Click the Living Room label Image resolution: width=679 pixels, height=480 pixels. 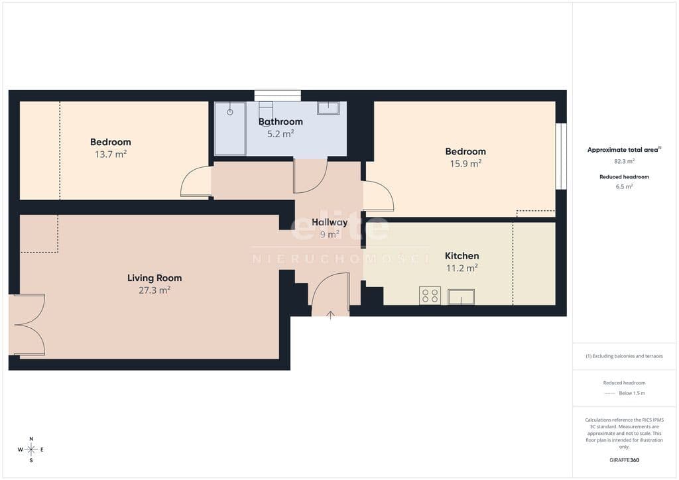coord(154,278)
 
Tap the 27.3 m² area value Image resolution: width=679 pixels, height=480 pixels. coord(154,290)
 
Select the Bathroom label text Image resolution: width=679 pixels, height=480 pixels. coord(280,121)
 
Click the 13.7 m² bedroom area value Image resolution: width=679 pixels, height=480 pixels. coord(111,154)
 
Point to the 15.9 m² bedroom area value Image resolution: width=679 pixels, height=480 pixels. coord(465,163)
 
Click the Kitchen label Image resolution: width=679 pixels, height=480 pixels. coord(462,256)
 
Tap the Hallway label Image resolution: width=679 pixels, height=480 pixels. coord(330,222)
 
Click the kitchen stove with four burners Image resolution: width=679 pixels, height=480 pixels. coord(430,296)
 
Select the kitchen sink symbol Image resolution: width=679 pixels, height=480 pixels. coord(462,297)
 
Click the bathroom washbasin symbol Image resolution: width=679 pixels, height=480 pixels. coord(328,108)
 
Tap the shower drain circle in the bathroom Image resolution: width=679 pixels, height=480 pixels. coord(230,112)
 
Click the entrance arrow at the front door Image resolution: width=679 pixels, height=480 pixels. coord(330,315)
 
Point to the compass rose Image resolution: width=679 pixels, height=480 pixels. coord(31,450)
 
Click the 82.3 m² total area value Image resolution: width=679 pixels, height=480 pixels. coord(624,161)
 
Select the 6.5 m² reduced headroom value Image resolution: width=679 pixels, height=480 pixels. coord(624,186)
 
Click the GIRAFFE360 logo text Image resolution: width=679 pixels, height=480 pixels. coord(624,460)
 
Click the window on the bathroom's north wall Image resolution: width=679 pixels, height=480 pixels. coord(278,95)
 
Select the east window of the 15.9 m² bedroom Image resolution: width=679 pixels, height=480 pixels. coord(561,156)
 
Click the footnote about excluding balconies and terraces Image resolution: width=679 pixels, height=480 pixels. coord(624,356)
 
